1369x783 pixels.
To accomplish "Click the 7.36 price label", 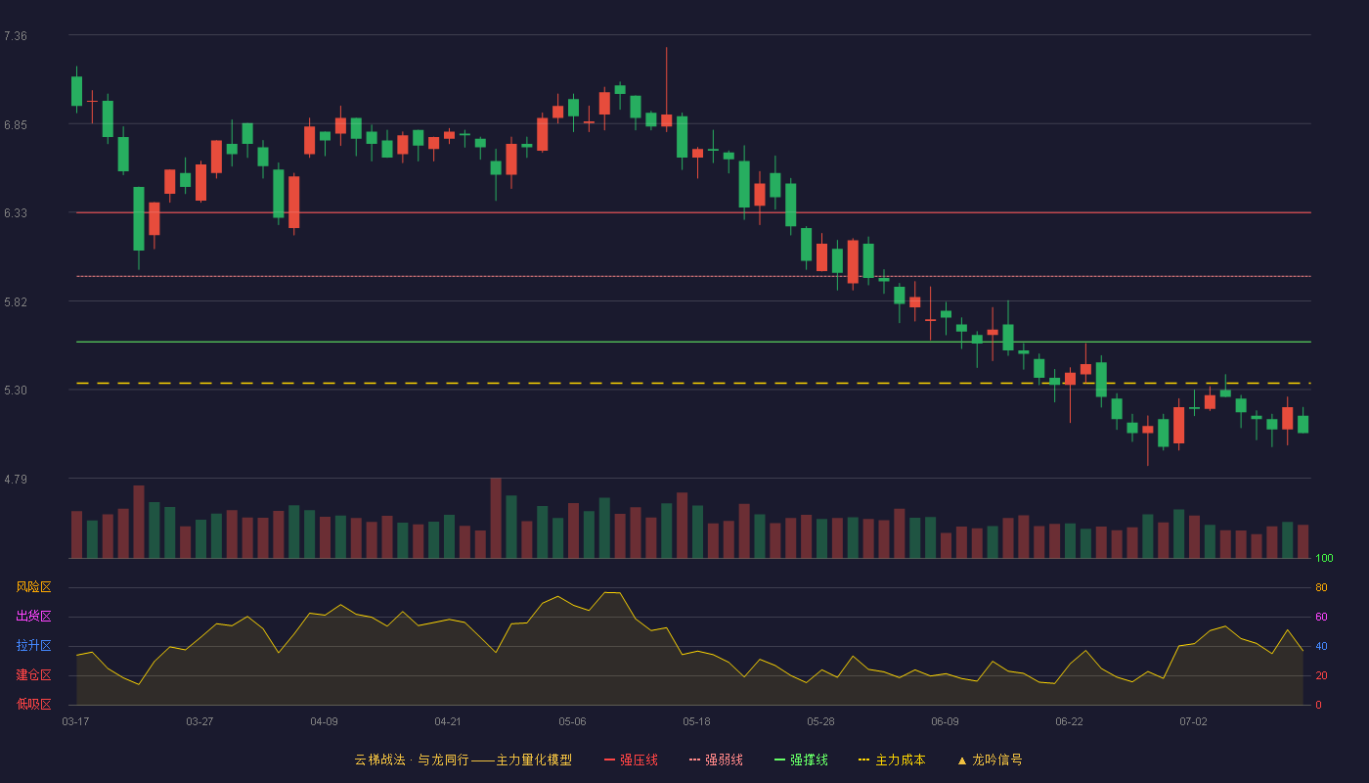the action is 16,36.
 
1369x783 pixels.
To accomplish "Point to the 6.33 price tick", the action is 16,213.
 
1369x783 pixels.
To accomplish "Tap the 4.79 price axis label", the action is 16,479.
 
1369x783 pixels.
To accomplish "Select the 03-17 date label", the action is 76,722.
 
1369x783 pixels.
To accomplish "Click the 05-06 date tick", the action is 572,722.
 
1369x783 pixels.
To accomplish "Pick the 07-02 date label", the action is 1193,722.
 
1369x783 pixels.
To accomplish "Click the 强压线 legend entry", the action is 631,760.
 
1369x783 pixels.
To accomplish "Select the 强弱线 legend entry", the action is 716,760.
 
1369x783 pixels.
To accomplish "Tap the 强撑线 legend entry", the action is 801,760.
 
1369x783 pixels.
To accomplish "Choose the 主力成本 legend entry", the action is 892,760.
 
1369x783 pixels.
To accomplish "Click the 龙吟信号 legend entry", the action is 990,760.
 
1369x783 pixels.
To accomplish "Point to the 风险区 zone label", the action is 33,587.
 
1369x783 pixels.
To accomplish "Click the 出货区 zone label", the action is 33,616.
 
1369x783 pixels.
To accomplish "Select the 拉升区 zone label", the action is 33,645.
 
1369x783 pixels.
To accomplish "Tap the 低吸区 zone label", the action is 33,704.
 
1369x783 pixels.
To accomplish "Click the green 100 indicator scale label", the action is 1324,558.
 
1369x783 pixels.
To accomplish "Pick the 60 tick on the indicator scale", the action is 1321,617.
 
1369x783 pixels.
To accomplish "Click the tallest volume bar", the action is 496,518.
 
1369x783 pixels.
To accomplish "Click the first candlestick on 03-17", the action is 76,90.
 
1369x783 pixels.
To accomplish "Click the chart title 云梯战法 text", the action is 379,760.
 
